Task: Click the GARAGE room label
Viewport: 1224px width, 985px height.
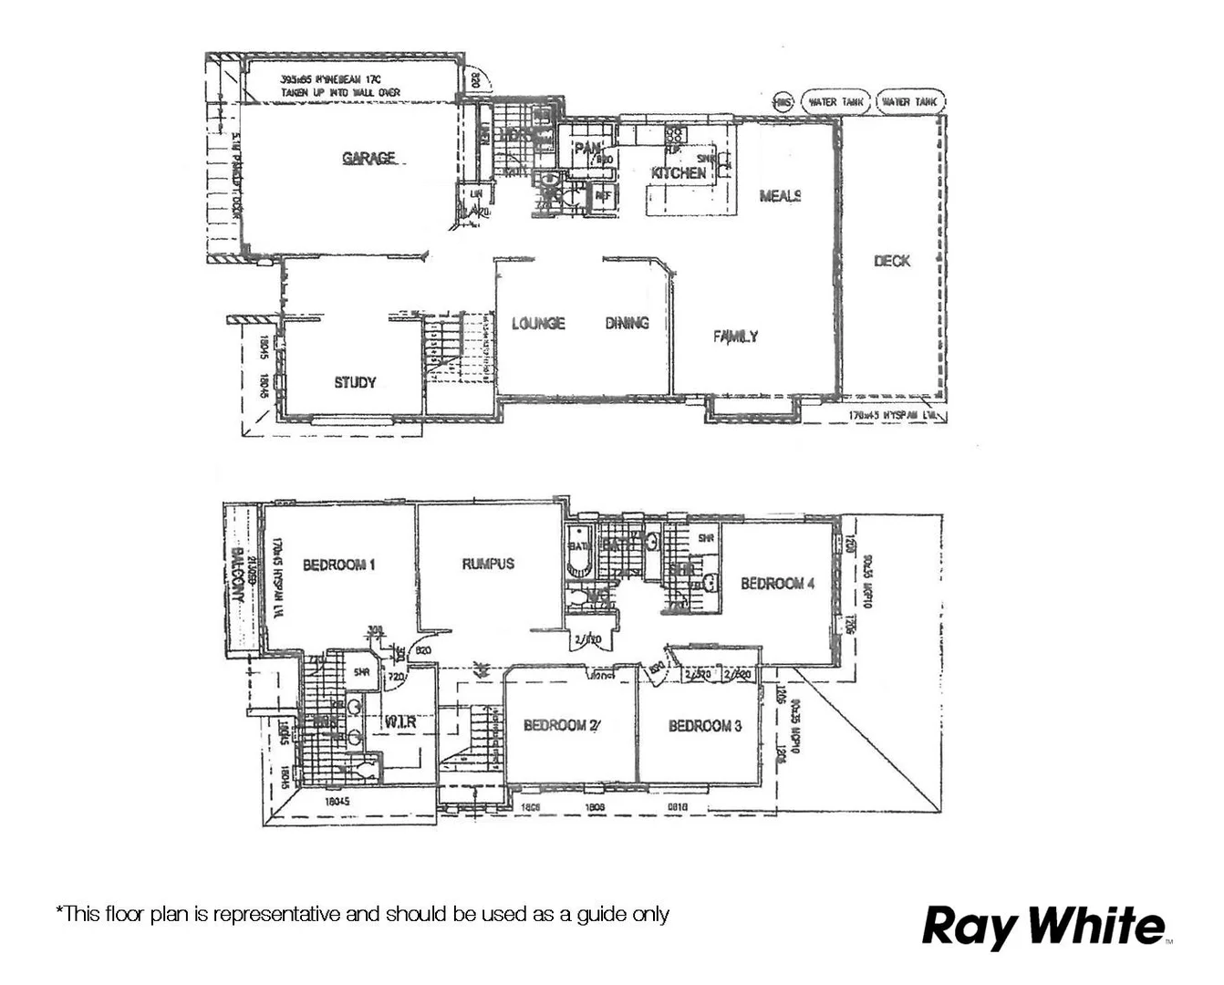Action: [x=368, y=158]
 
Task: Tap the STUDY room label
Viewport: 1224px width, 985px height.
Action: [x=355, y=382]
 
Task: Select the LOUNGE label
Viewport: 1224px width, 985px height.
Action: [x=538, y=323]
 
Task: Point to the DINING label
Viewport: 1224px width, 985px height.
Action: [x=627, y=323]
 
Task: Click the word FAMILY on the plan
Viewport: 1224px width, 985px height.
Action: [x=735, y=337]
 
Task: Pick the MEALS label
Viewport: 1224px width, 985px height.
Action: [x=781, y=195]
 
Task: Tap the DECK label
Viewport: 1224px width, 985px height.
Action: [x=891, y=261]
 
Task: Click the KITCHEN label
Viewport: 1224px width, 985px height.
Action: [x=679, y=172]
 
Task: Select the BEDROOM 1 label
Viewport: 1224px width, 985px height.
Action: [x=339, y=565]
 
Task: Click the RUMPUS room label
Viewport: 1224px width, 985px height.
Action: [x=488, y=564]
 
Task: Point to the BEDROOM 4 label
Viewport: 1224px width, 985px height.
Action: [x=777, y=584]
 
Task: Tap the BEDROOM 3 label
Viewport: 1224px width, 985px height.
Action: [x=705, y=726]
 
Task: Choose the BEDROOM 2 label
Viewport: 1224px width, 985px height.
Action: [x=562, y=726]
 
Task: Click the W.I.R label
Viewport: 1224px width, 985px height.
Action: [x=400, y=721]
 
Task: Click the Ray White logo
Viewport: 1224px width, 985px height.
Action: [x=1045, y=927]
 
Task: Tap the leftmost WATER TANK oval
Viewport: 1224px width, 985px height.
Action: [x=835, y=102]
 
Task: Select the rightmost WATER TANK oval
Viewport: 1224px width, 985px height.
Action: [x=910, y=102]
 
